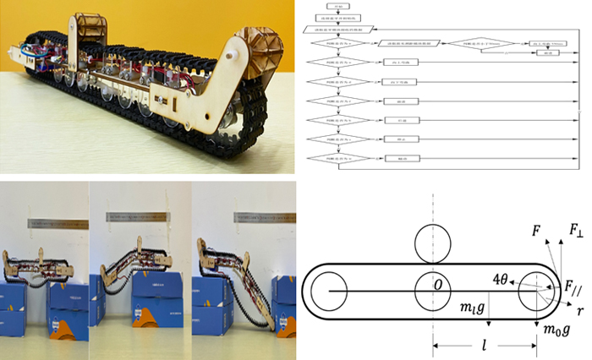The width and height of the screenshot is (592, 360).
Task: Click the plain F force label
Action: (x=534, y=230)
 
